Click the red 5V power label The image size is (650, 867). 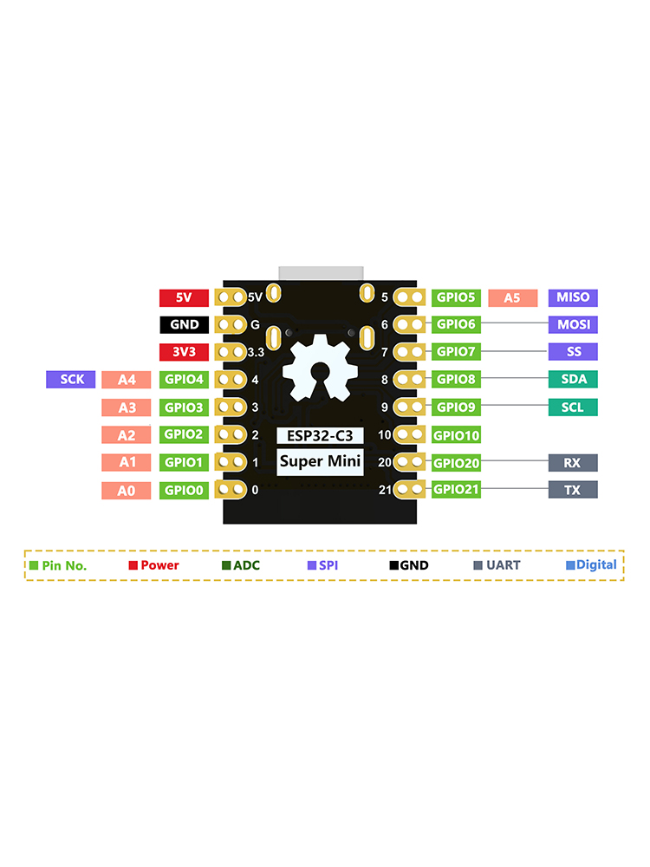[184, 297]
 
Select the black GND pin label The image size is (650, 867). [184, 325]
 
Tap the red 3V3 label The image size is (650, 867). [184, 352]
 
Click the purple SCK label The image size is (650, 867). [72, 379]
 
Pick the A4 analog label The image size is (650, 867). [126, 380]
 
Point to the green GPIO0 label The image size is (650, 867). [184, 491]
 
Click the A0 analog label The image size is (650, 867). [126, 491]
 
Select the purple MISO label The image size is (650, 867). [573, 297]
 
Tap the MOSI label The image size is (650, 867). [573, 325]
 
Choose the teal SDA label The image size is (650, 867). [573, 379]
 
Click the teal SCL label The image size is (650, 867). [573, 407]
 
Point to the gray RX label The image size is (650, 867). [573, 463]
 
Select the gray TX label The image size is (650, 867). [573, 490]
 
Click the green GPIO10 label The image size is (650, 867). [456, 435]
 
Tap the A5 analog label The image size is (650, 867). [512, 297]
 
